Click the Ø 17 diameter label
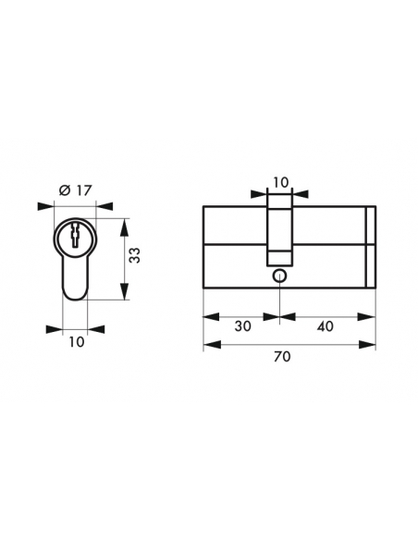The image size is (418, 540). (x=76, y=190)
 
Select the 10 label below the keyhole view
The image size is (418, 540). (x=77, y=342)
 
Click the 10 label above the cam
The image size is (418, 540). (x=281, y=182)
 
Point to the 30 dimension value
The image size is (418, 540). (x=242, y=325)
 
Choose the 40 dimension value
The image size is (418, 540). (x=325, y=325)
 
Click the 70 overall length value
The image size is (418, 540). (x=282, y=357)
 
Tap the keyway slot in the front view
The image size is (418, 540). (x=75, y=235)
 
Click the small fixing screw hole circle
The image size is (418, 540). (x=279, y=276)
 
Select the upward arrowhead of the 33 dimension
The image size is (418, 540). (x=125, y=227)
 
